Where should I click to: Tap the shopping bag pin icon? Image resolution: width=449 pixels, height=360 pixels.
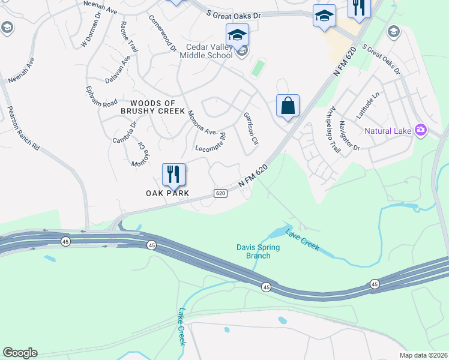[x=288, y=106]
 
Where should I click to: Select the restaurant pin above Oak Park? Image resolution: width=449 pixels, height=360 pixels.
[x=173, y=174]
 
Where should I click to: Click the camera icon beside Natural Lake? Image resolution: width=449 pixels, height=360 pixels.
[x=421, y=130]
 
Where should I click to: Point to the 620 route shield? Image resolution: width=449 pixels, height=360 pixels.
[x=220, y=193]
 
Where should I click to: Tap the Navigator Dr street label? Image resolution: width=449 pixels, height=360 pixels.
[x=349, y=136]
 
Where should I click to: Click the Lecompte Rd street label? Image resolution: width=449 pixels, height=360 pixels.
[x=211, y=142]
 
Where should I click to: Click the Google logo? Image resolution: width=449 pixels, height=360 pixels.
[x=20, y=353]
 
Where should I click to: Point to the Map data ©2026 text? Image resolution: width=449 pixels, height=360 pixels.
[x=424, y=355]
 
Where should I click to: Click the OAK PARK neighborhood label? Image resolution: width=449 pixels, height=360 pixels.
[x=167, y=193]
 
